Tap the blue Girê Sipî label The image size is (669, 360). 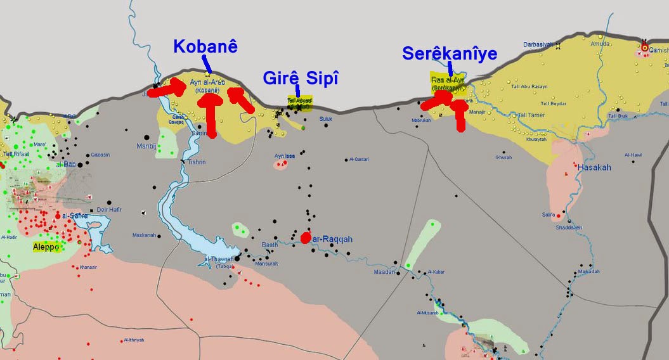tap(301, 79)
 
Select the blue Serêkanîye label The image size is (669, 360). tap(450, 54)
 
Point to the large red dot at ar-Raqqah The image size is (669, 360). tap(305, 238)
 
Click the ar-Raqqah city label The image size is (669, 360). tap(331, 239)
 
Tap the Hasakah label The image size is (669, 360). tap(594, 167)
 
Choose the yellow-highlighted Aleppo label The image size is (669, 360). tap(48, 246)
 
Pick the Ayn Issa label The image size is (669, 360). tap(285, 155)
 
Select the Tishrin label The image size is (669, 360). tap(197, 162)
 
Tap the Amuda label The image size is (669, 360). tap(599, 44)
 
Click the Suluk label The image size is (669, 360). tap(326, 119)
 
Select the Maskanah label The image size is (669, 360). tap(144, 235)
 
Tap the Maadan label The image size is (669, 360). tap(384, 272)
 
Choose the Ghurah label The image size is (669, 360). tap(503, 157)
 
